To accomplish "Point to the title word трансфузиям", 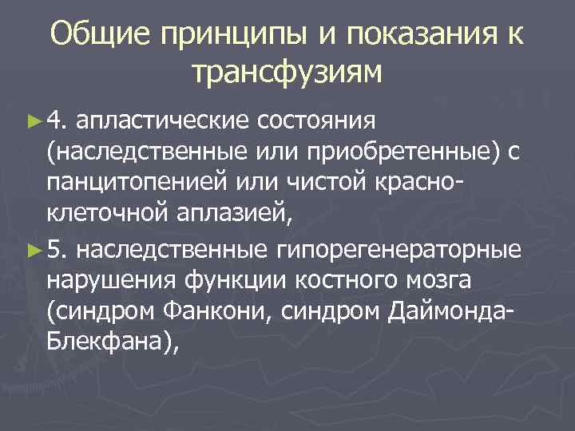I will [287, 73].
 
